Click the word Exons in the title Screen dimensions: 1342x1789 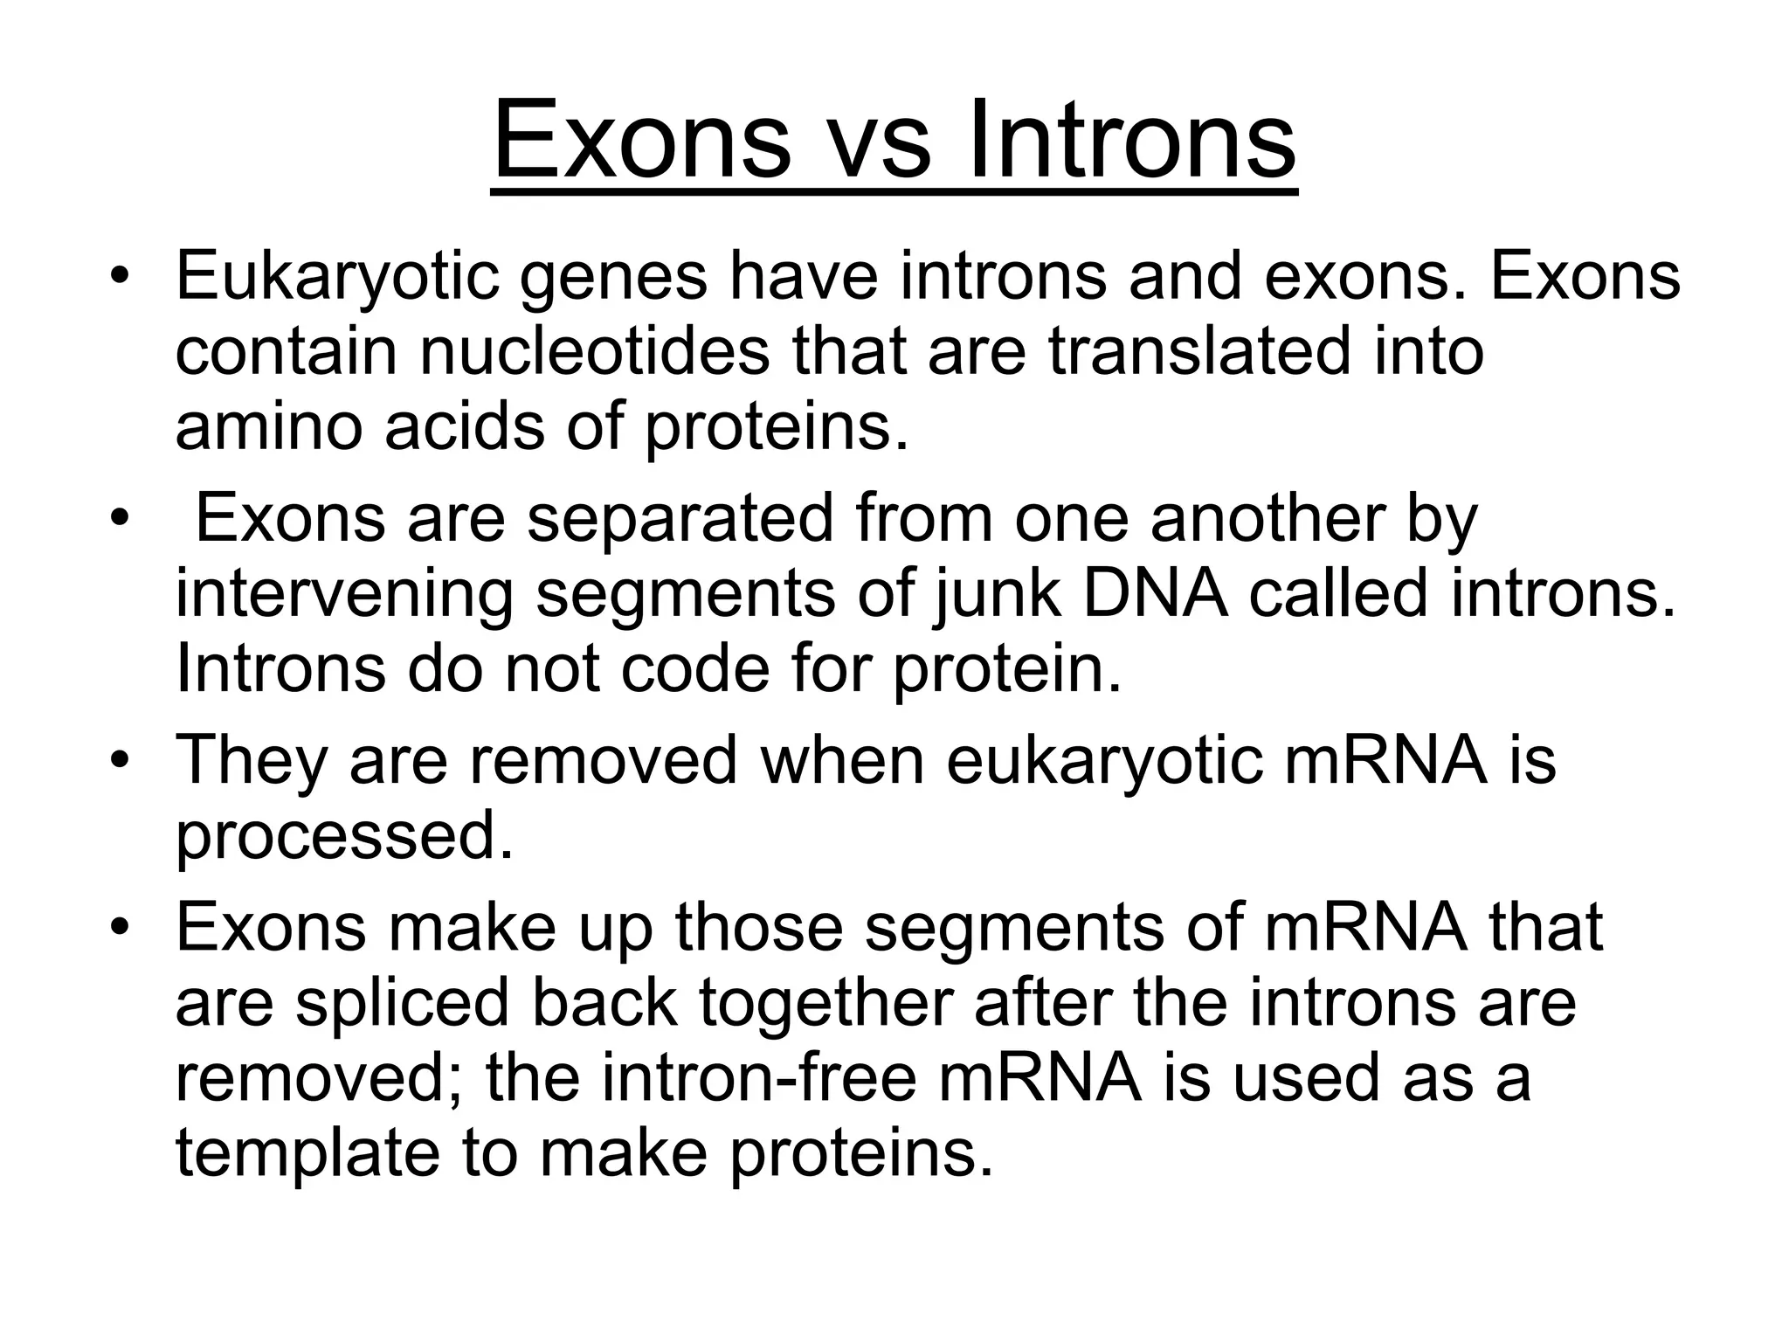[641, 140]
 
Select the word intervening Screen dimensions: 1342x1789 [344, 594]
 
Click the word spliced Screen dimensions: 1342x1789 [402, 1002]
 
